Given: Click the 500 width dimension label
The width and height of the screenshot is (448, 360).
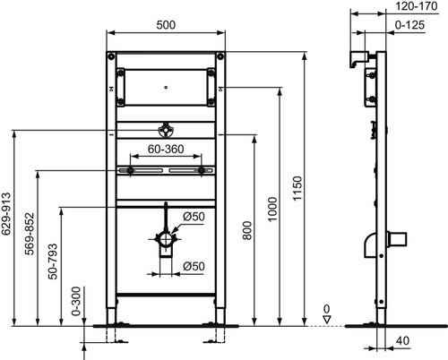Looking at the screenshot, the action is click(x=166, y=25).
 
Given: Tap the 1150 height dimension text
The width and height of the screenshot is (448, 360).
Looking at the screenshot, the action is click(x=297, y=189).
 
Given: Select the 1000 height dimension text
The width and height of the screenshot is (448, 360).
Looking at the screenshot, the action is click(x=272, y=210).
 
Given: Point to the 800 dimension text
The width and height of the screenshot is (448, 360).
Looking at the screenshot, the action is click(x=247, y=230).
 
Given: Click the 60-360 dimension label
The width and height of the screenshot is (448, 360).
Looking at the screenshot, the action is click(x=166, y=149).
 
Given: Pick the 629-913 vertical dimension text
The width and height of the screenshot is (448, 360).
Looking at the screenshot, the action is click(x=6, y=214).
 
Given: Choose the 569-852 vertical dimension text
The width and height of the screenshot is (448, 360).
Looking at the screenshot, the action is click(x=30, y=234).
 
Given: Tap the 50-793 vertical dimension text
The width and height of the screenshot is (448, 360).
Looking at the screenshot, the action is click(x=53, y=261).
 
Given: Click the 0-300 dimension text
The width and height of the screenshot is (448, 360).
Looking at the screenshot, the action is click(x=76, y=301).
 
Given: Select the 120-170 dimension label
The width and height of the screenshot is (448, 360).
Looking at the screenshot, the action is click(x=417, y=6).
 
